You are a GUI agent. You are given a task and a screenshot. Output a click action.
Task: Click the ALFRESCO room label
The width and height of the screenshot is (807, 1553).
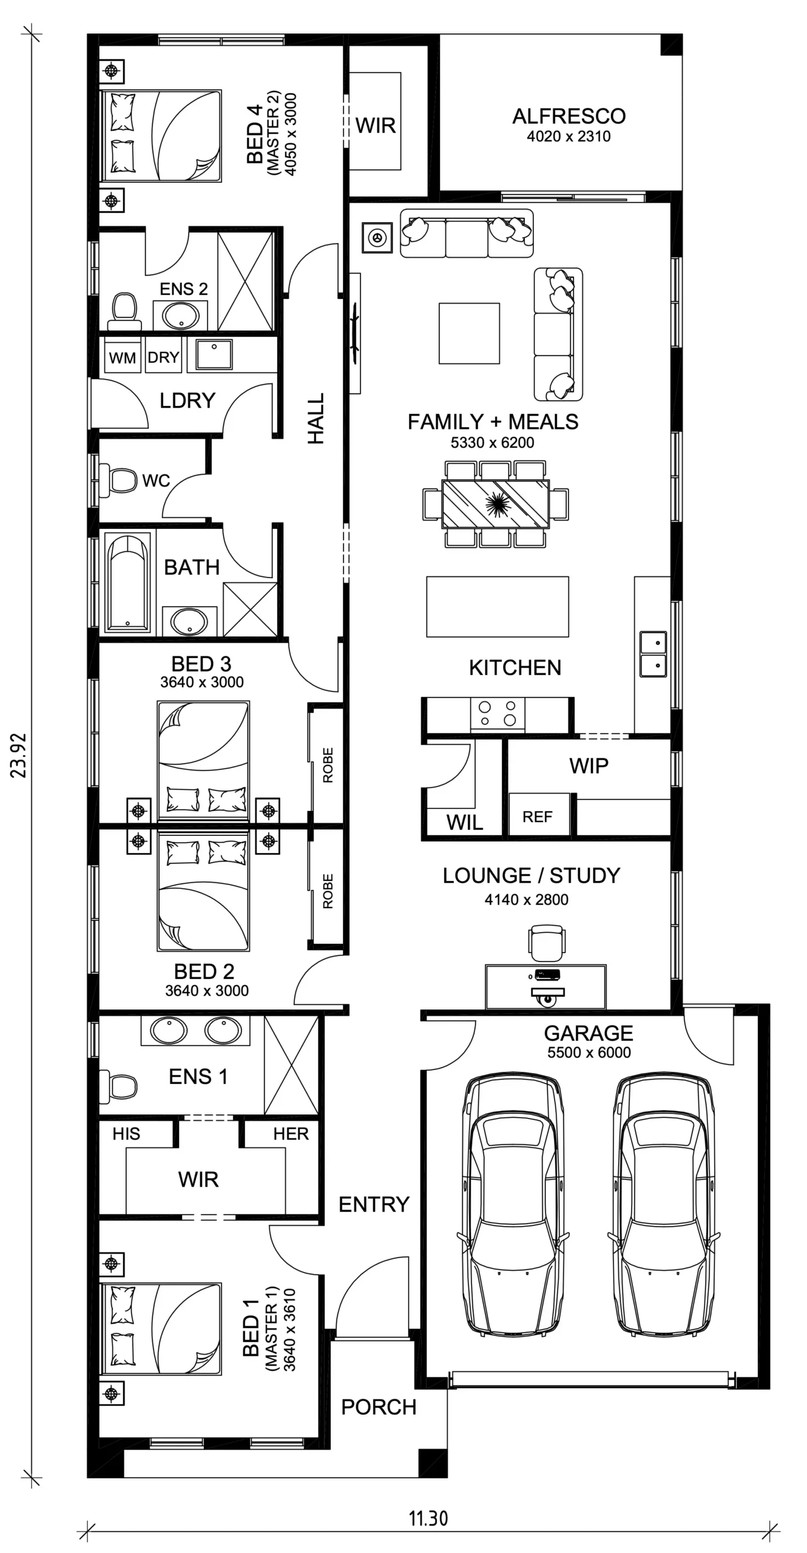tap(569, 116)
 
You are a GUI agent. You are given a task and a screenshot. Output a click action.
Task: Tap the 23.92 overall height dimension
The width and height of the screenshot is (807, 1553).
tap(19, 755)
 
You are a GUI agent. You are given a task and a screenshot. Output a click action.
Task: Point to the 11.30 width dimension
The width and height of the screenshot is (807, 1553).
tap(428, 1518)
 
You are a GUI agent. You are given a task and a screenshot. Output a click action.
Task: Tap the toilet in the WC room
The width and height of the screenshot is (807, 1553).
tap(119, 480)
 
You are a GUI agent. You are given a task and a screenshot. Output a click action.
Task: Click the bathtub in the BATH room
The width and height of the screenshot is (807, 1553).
tap(127, 582)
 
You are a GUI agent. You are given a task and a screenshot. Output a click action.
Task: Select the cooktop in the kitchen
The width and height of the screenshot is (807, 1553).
tap(498, 714)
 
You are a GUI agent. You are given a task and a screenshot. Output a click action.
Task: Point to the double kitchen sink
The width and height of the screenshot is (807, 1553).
tap(653, 654)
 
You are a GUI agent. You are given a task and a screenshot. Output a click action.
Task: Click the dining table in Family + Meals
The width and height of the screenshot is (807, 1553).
tap(496, 504)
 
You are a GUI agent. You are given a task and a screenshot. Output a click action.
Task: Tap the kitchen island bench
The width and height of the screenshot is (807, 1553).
tap(498, 607)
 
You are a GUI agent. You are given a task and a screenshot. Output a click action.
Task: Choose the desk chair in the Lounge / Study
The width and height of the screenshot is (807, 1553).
tap(546, 942)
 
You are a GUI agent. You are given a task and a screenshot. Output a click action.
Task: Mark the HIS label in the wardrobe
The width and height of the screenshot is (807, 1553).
tap(126, 1133)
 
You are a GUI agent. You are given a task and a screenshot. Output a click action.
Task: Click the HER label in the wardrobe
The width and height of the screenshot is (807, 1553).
tap(291, 1133)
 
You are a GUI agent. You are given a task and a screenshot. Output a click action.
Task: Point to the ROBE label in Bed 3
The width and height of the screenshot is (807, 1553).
tap(328, 765)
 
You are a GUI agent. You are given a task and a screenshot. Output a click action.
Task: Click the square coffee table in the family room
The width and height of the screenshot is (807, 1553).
tap(469, 334)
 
